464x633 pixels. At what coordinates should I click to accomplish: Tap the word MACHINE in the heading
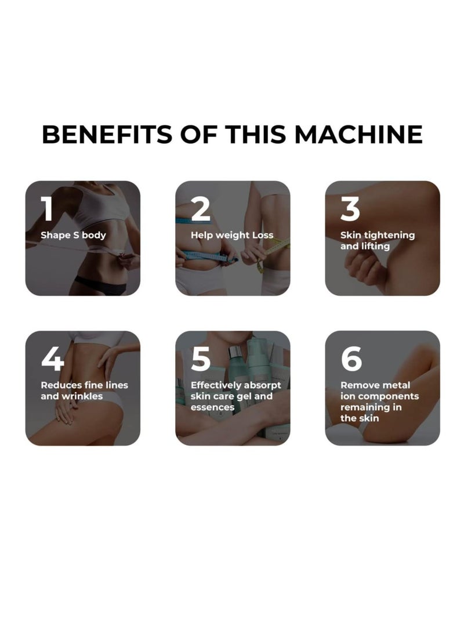tap(358, 134)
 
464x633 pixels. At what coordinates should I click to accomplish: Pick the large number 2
tap(201, 209)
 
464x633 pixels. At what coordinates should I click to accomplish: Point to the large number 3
tap(350, 209)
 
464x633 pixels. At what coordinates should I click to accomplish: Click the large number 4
tap(52, 359)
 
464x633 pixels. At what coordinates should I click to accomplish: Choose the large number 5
tap(201, 359)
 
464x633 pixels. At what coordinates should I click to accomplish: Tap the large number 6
tap(351, 359)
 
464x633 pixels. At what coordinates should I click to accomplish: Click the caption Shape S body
tap(73, 236)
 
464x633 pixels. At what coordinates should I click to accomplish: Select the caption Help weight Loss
tap(232, 236)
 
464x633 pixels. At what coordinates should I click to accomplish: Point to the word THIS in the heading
tap(258, 134)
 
